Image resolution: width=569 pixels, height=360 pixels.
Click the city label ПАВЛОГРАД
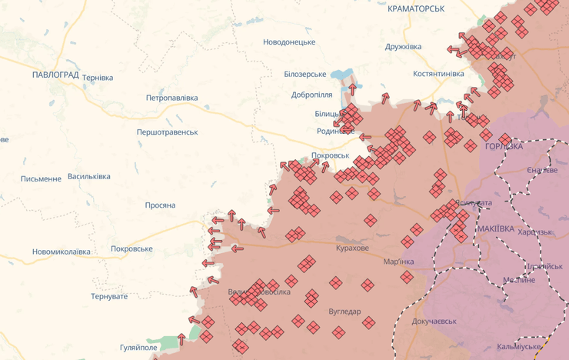(56, 75)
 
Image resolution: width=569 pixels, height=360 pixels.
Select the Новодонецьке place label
(289, 42)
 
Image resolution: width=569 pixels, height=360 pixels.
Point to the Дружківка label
(403, 47)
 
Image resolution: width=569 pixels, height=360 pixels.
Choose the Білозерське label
(304, 74)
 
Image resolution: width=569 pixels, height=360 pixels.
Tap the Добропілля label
(312, 95)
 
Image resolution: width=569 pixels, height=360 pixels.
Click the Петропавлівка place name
(171, 98)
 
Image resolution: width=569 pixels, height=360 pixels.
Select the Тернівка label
(98, 78)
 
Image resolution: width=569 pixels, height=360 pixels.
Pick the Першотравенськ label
(167, 132)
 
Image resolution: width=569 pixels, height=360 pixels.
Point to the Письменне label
(41, 179)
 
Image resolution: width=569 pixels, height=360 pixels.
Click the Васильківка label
(88, 176)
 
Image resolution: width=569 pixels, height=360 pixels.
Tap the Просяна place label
(160, 205)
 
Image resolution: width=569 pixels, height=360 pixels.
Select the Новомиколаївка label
(61, 252)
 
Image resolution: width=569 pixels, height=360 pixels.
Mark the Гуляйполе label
(138, 348)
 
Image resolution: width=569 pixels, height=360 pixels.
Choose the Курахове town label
(352, 248)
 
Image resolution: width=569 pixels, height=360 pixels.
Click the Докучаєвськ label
(434, 321)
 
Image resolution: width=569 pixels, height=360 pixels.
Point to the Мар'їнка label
(398, 262)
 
